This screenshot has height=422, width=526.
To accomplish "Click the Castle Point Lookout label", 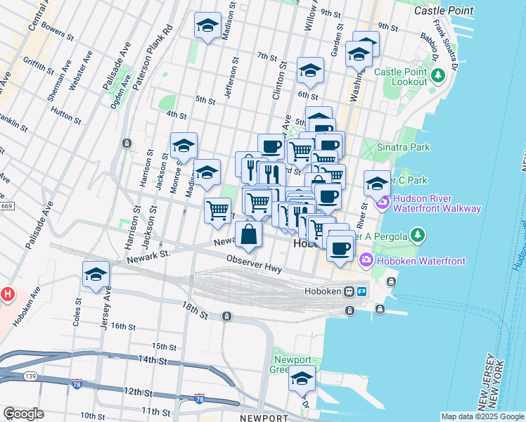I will coord(401,77).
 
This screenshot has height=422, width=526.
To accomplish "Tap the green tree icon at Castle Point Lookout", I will coord(438,75).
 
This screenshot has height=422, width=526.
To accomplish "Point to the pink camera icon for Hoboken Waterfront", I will coord(366,262).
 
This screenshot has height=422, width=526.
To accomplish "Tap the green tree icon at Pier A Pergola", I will coord(418,234).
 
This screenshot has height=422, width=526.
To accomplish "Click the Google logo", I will coord(23,414).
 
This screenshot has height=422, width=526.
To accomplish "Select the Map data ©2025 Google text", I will coord(482,416).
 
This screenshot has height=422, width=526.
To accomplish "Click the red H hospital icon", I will coord(7,293).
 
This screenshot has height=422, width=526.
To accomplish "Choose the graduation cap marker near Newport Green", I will coord(302,378).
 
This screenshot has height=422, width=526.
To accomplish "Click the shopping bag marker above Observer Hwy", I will coord(249,235).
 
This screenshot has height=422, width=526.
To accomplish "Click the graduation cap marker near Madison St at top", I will coord(207,27).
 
